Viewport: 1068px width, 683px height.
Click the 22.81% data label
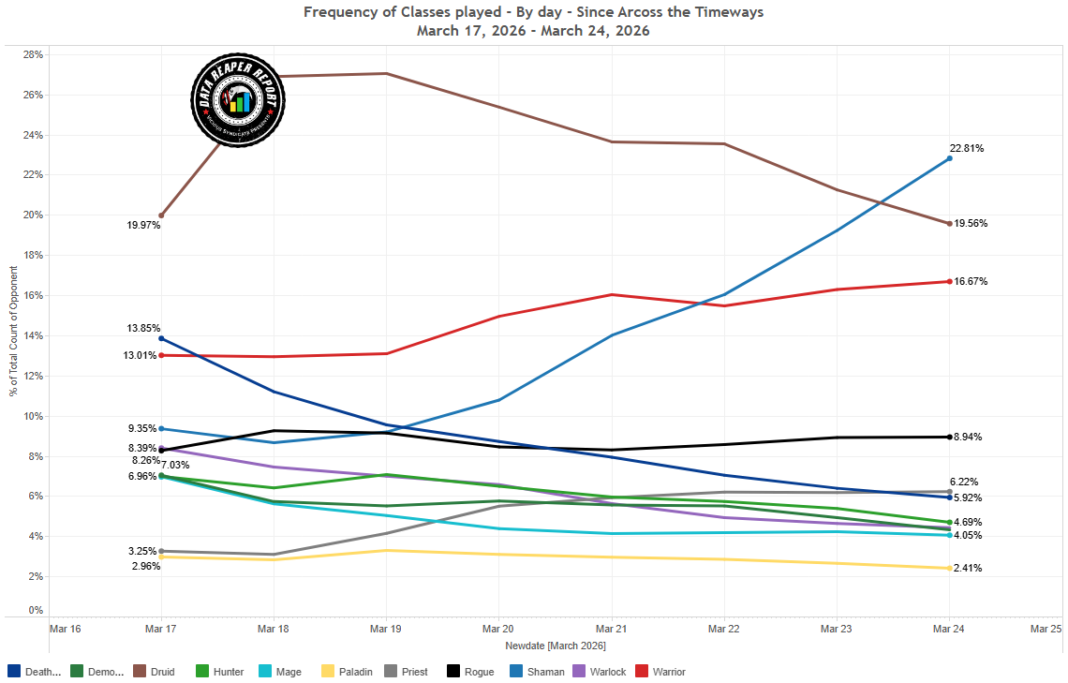point(966,148)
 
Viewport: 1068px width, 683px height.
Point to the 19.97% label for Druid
point(144,225)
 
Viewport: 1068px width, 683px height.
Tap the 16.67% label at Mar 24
point(970,281)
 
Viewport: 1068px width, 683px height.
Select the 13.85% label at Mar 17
point(143,328)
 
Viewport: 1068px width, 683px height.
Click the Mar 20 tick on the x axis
point(497,629)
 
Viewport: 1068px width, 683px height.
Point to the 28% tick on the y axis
point(34,54)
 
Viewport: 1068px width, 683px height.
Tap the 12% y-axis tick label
point(34,376)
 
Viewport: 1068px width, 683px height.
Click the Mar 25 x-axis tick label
point(1045,629)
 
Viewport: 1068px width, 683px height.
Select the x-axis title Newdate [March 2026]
point(555,646)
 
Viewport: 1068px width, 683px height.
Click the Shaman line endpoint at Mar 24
point(949,158)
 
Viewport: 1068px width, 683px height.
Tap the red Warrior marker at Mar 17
point(161,355)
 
